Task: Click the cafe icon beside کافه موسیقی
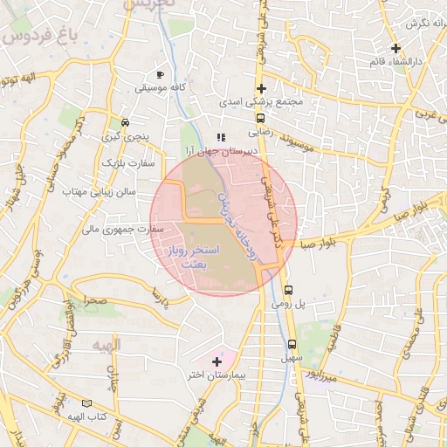click(x=160, y=75)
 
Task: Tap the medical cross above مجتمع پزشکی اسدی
click(x=261, y=88)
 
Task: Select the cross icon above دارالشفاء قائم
click(x=395, y=49)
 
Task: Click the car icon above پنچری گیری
click(x=126, y=122)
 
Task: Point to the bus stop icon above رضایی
click(x=260, y=118)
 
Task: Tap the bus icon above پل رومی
click(x=289, y=291)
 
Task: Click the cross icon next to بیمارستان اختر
click(x=217, y=361)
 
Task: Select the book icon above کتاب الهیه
click(x=86, y=403)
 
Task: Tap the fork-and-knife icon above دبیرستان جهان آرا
click(x=222, y=137)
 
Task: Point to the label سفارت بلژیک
click(x=127, y=162)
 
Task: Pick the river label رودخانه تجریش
click(x=237, y=218)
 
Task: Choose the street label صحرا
click(x=92, y=299)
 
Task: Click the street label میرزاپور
click(x=320, y=376)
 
